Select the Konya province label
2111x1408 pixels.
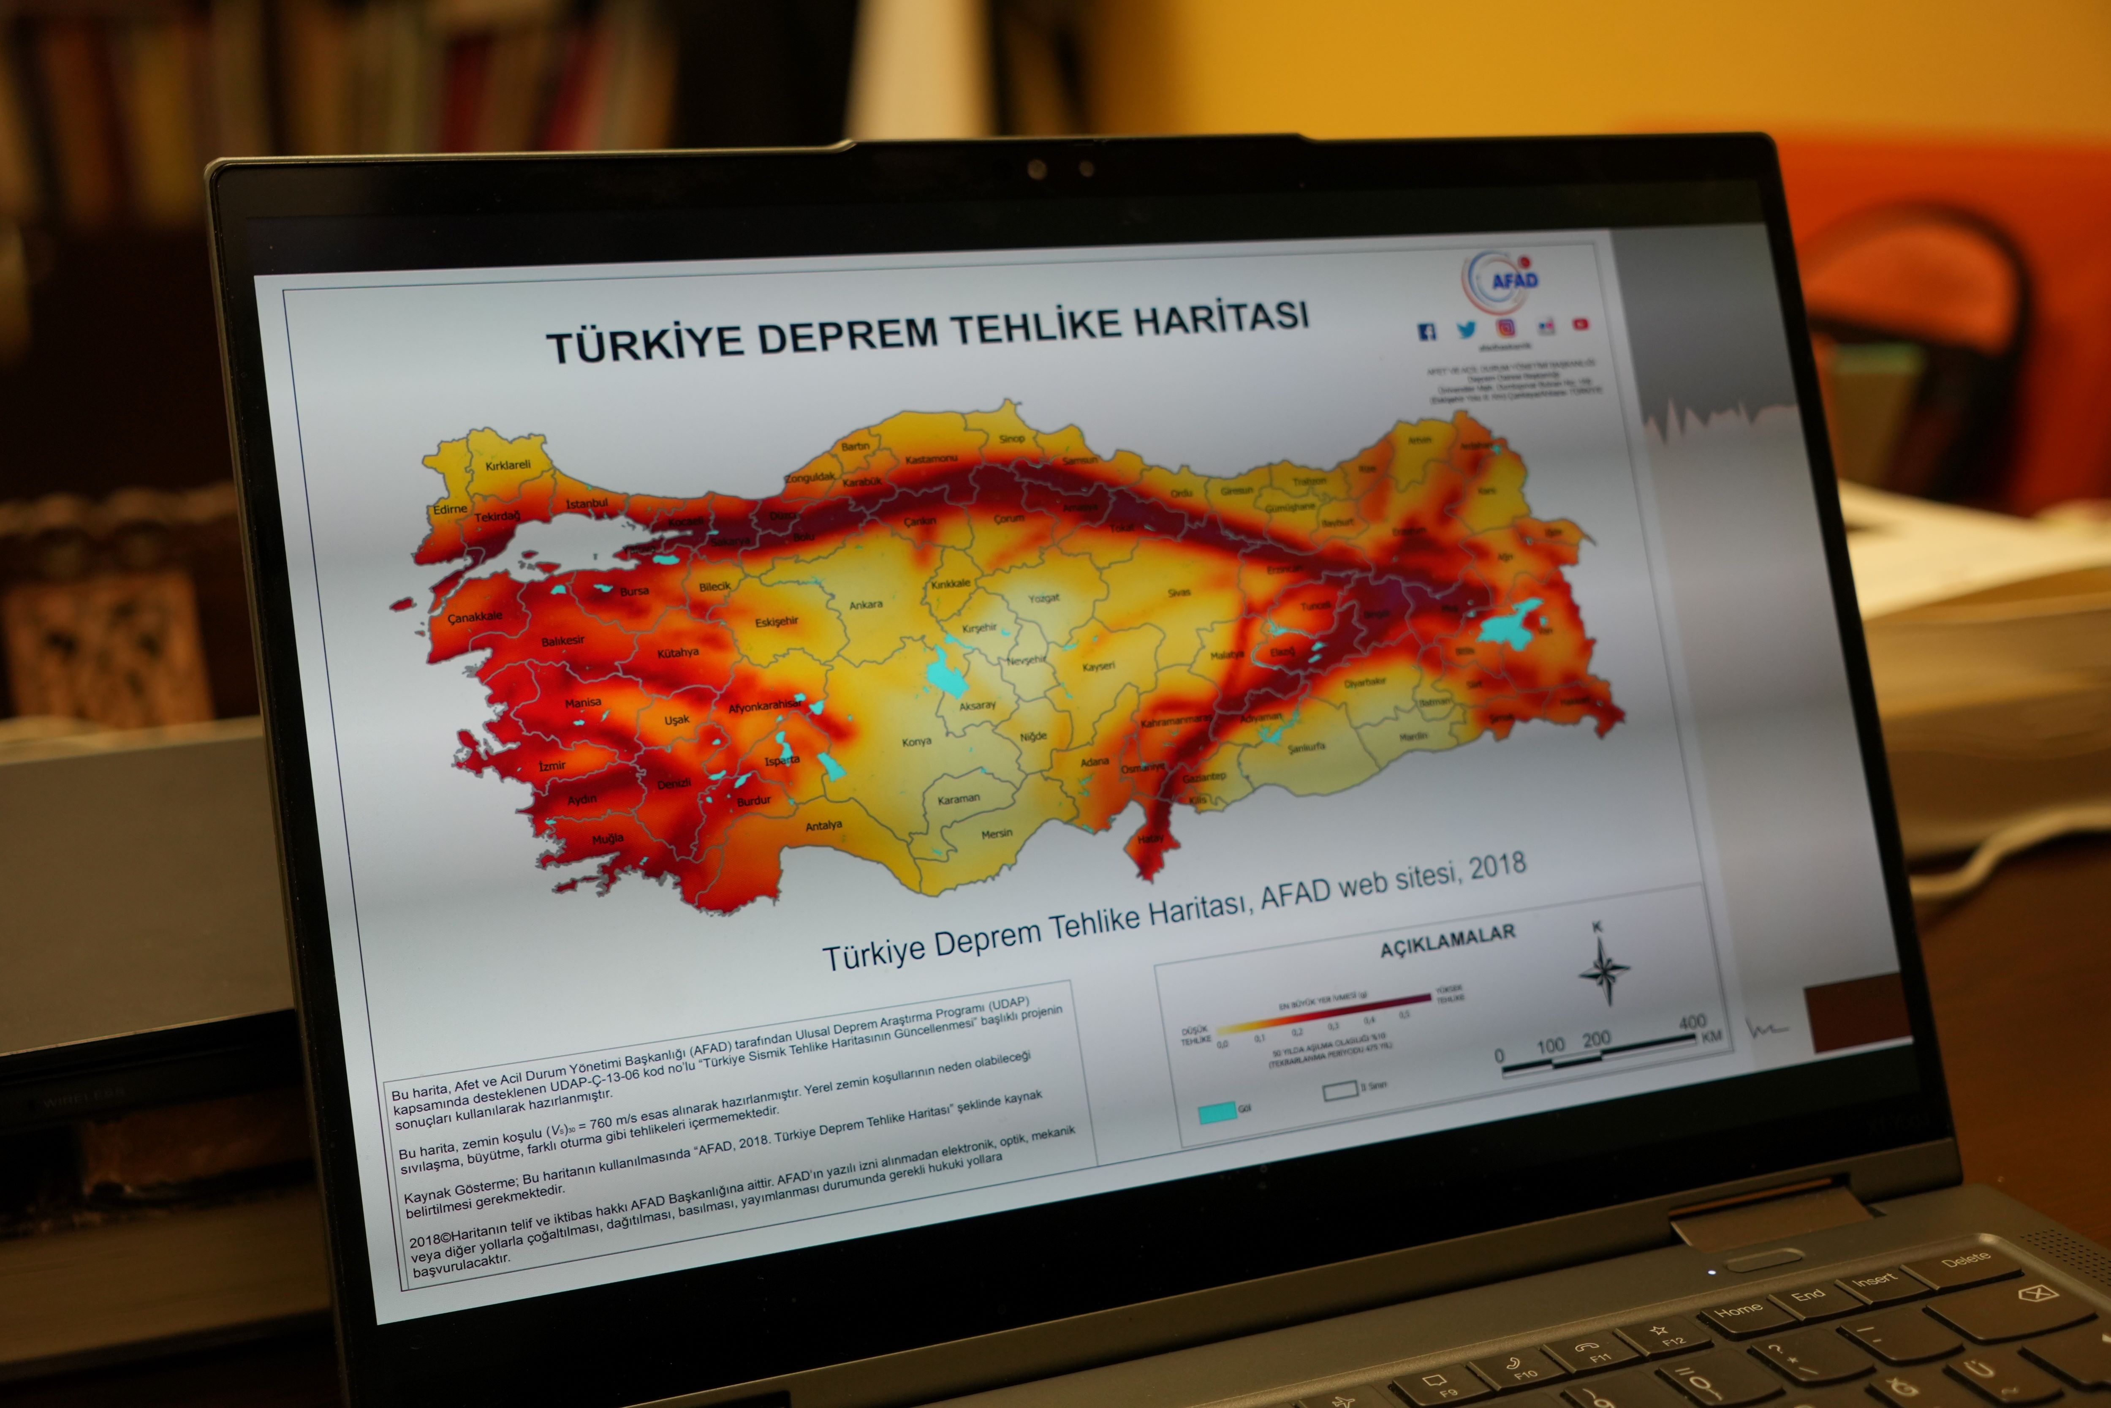point(916,742)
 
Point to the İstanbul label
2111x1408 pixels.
point(587,504)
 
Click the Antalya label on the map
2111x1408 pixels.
point(823,825)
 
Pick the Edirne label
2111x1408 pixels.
point(450,509)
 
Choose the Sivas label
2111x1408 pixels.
point(1179,593)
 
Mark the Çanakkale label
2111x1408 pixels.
point(475,618)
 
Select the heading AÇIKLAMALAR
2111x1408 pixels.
point(1447,939)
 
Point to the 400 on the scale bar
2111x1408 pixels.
point(1692,1022)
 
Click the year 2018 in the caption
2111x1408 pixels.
point(1497,866)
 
